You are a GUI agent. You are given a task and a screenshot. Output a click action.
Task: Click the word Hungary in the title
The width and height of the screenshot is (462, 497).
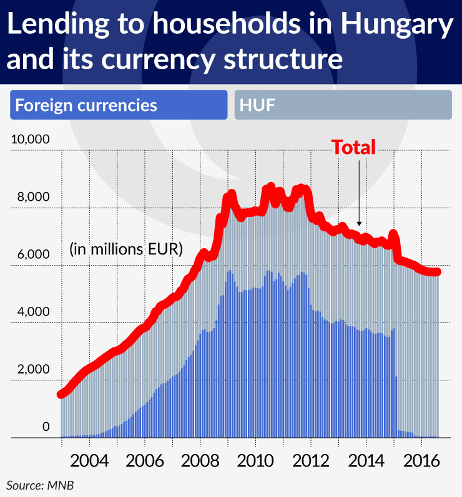click(x=395, y=26)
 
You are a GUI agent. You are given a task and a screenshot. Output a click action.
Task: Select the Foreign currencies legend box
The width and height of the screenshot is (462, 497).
click(x=119, y=105)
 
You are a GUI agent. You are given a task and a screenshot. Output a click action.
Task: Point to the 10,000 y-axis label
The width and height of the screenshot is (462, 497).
click(x=30, y=139)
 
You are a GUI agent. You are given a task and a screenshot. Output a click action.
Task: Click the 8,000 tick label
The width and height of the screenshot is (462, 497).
click(x=33, y=197)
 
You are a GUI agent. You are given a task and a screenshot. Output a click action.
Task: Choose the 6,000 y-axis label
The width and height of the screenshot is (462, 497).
click(x=33, y=254)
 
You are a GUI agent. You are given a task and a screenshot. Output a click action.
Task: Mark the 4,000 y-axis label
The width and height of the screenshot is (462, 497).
click(x=33, y=312)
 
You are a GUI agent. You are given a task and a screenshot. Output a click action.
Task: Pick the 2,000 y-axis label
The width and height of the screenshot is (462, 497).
click(x=33, y=369)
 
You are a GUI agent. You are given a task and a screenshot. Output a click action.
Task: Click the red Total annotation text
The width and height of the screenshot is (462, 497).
click(x=353, y=147)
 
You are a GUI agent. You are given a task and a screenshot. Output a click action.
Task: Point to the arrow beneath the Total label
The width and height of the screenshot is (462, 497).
click(x=360, y=193)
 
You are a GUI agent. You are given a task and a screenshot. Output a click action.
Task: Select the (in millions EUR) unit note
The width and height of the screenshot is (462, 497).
click(x=125, y=249)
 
